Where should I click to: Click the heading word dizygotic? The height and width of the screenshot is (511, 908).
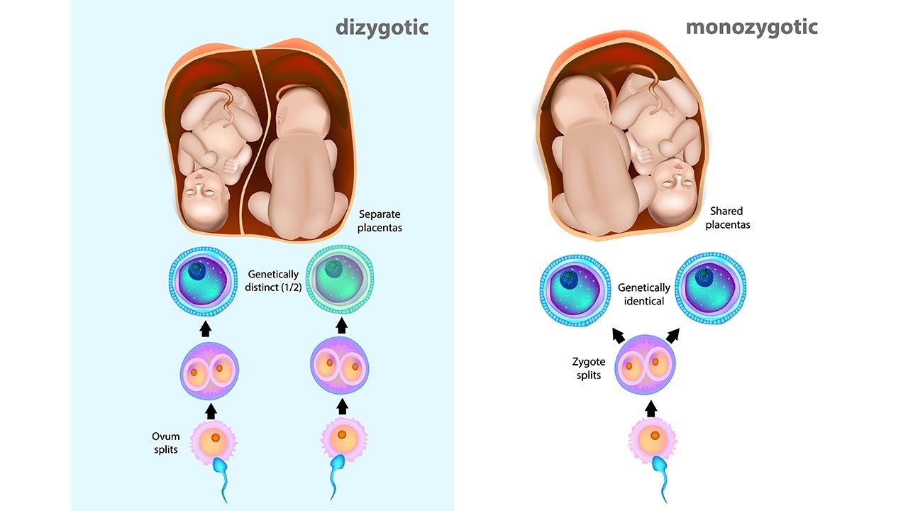(x=382, y=28)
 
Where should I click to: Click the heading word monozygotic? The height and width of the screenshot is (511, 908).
(x=751, y=28)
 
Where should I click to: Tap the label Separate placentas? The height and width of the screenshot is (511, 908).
(x=380, y=221)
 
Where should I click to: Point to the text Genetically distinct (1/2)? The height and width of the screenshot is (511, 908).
(x=275, y=280)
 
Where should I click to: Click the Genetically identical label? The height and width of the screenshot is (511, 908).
(x=643, y=294)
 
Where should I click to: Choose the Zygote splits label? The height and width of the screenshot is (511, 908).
(x=589, y=368)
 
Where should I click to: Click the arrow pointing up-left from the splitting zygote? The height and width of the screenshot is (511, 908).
(x=617, y=334)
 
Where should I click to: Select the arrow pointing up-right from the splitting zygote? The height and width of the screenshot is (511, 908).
(x=672, y=334)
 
